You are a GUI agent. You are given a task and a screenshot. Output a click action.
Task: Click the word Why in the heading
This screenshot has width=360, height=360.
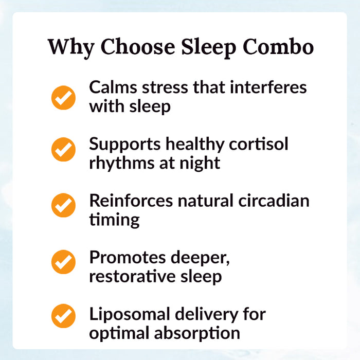click(70, 47)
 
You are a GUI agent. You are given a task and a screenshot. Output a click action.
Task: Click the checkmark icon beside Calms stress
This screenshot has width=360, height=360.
click(63, 97)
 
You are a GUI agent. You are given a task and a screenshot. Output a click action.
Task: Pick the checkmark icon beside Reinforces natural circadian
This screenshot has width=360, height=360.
click(63, 205)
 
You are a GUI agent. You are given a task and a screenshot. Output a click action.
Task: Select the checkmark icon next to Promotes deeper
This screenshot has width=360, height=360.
click(63, 262)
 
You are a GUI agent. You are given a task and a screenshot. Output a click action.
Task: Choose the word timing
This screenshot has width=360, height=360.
click(114, 220)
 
